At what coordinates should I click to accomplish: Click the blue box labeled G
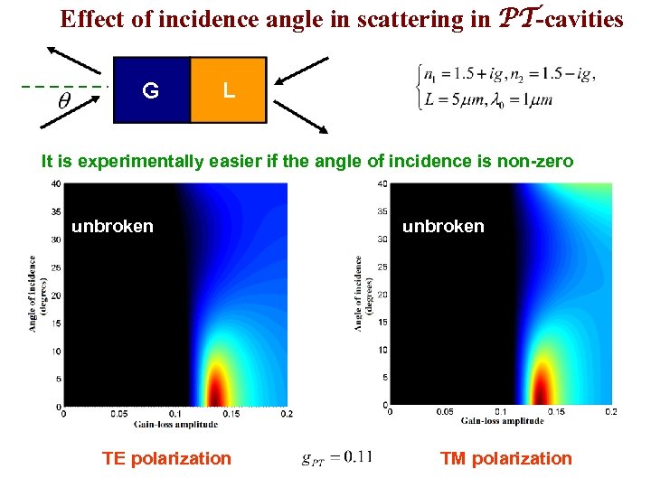(151, 89)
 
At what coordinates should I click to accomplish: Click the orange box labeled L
(229, 89)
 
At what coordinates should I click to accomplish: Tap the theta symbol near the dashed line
(65, 101)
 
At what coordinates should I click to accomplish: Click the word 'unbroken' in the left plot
(112, 226)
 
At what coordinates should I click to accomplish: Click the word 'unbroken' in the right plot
(443, 226)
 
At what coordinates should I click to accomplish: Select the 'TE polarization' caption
(166, 458)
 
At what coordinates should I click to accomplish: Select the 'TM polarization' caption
(505, 458)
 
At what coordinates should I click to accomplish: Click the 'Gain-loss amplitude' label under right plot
(501, 421)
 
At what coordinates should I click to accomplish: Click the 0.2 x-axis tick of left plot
(287, 414)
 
